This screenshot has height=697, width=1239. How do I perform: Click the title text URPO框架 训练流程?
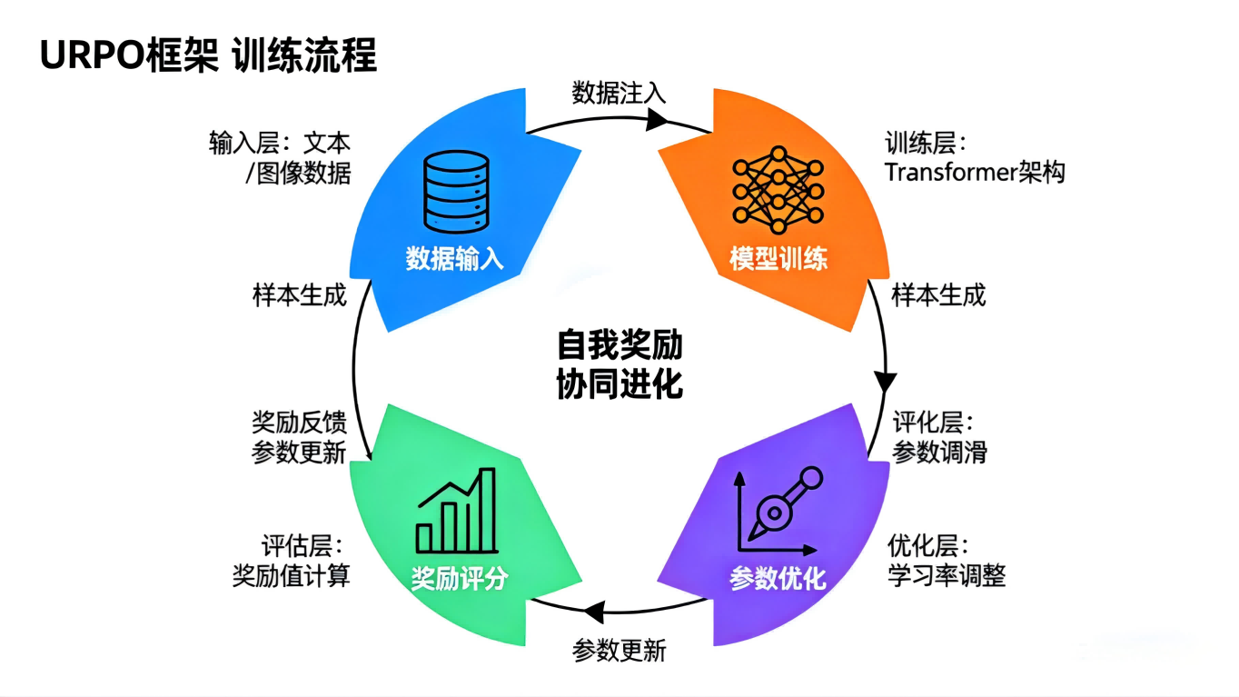[x=208, y=56]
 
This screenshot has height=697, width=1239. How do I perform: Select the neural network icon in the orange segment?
[x=778, y=184]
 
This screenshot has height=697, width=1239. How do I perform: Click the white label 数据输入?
[x=454, y=259]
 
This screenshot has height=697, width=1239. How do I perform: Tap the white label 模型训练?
[x=778, y=259]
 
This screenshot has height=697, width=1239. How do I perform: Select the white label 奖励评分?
[x=460, y=579]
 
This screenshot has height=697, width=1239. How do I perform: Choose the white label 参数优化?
[x=778, y=579]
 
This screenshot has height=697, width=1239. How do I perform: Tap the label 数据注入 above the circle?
[x=619, y=93]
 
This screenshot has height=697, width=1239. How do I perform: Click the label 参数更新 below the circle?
[x=619, y=651]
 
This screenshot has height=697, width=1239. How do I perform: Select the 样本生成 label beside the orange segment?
[x=938, y=295]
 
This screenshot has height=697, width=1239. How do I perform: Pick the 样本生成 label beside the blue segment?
[x=299, y=295]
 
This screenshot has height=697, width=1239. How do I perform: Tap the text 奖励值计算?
[x=292, y=575]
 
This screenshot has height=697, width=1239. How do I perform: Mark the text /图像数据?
[x=298, y=173]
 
